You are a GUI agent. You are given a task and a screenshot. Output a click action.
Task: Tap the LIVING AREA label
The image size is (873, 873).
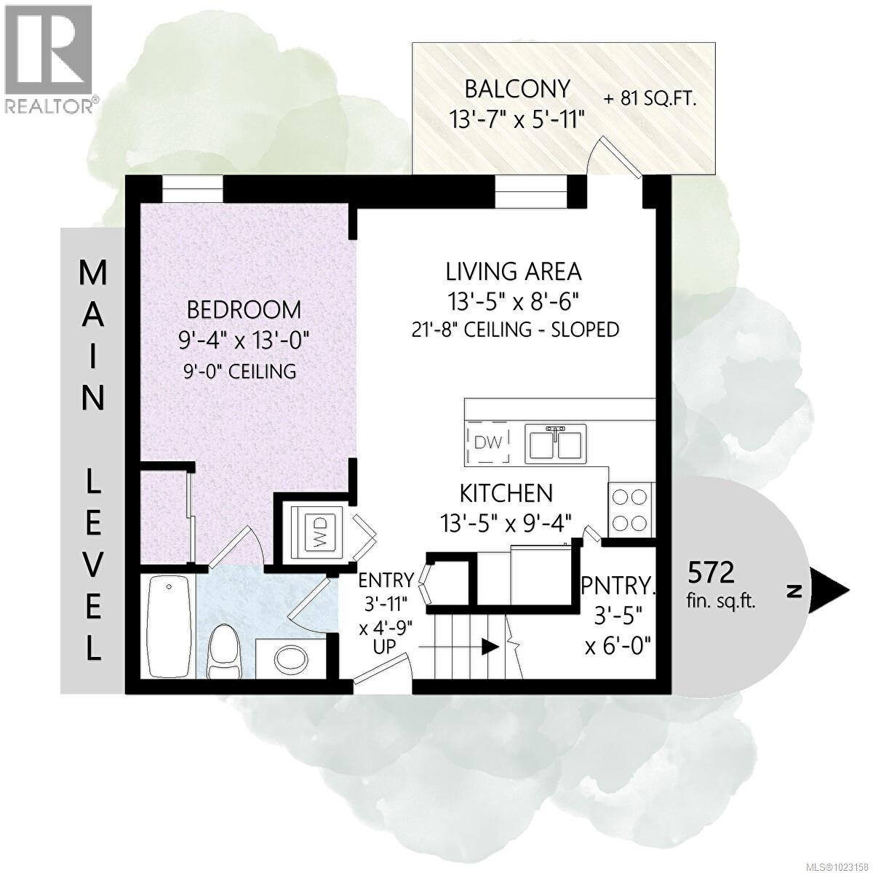514,271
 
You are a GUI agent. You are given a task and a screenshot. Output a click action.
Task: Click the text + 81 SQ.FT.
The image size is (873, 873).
650,100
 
